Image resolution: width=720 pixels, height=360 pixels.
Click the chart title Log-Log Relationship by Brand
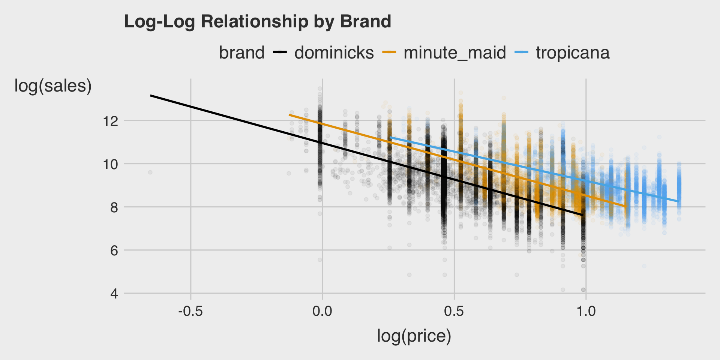point(258,22)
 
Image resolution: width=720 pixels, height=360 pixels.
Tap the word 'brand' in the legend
point(241,53)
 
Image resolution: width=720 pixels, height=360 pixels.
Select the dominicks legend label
point(334,53)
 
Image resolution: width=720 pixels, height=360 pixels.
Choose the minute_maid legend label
point(454,53)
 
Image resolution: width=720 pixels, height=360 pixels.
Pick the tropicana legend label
point(572,53)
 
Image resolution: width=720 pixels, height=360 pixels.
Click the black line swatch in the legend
point(280,52)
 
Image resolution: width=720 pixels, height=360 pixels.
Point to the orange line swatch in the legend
point(389,52)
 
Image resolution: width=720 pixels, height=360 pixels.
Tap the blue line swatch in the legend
point(521,52)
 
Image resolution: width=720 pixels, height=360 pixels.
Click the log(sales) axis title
point(53,86)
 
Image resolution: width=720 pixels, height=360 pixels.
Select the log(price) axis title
point(414,336)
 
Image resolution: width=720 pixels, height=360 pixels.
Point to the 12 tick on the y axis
point(109,121)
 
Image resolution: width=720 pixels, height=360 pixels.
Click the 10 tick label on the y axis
point(109,164)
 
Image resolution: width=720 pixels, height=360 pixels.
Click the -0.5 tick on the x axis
point(190,311)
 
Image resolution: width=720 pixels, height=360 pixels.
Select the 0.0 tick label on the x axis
point(322,311)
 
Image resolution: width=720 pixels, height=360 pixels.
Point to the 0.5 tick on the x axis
point(454,311)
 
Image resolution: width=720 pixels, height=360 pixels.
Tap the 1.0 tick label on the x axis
point(586,311)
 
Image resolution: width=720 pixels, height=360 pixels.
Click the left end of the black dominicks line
point(151,96)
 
